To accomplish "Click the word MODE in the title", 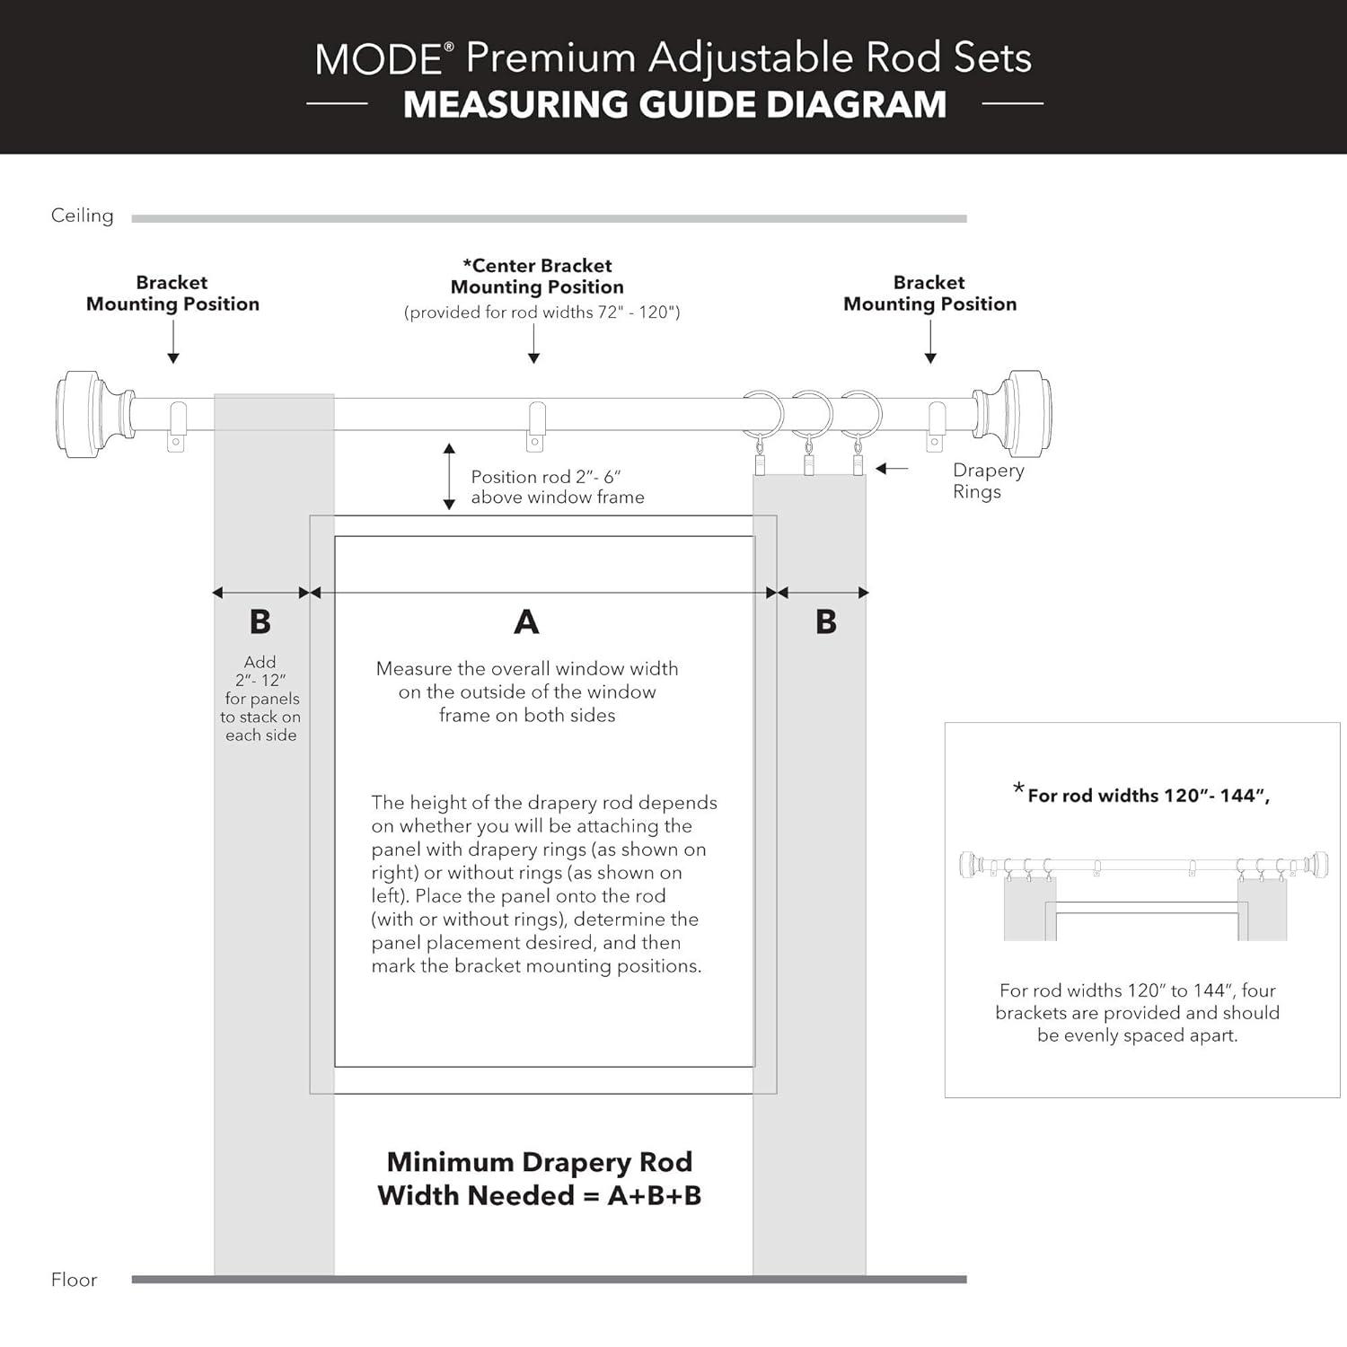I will coord(378,59).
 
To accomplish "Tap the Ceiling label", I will coord(82,216).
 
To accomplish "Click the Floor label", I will coord(74,1280).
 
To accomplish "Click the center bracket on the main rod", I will coord(535,426).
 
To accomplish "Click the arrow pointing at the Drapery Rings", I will coord(892,469).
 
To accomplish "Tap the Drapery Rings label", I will coord(987,480).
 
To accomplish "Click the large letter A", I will coord(526,621).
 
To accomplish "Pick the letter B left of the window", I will coord(260,621).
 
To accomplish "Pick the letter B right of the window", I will coord(826,621).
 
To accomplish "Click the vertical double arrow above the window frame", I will coord(449,476).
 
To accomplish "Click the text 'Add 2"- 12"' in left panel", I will coord(260,671).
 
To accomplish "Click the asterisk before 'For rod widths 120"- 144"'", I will coord(1018,789).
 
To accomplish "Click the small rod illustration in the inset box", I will coord(1143,867).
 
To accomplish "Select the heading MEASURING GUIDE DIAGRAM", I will coord(674,105).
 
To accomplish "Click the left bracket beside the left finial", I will coord(176,426).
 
